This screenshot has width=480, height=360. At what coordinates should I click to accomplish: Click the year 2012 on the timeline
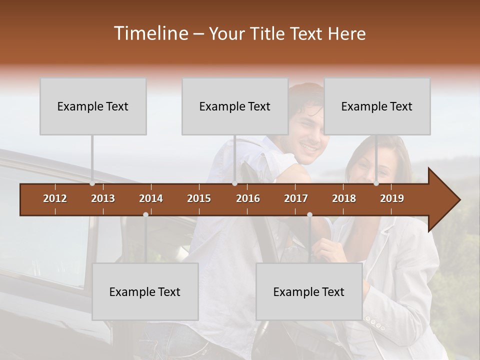pos(55,198)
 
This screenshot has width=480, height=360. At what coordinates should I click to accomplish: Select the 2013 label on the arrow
pos(103,198)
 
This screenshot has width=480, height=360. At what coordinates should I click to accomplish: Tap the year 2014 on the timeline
pos(151,198)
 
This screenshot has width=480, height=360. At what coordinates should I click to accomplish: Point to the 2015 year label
pos(199,198)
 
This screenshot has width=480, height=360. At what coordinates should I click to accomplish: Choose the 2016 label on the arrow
pos(248,198)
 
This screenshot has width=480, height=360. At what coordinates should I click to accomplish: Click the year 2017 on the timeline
pos(296,198)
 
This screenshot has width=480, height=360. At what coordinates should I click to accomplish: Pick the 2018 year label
pos(344,198)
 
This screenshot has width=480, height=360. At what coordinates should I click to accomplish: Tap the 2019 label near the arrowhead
pos(392,198)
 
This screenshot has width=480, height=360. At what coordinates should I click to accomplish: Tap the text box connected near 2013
pos(93,106)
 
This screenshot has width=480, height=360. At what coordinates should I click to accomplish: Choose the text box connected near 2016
pos(235,106)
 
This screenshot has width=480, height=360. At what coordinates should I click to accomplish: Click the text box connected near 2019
pos(377,106)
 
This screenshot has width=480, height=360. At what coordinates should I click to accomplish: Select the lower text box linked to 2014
pos(145,292)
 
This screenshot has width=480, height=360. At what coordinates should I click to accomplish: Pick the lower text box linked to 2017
pos(309,292)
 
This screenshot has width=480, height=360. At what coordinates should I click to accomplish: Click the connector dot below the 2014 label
pos(145,214)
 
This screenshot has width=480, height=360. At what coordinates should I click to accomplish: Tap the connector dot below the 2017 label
pos(309,214)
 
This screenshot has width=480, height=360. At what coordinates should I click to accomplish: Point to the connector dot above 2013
pos(92,183)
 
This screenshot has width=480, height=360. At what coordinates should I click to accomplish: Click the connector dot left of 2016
pos(234,183)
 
